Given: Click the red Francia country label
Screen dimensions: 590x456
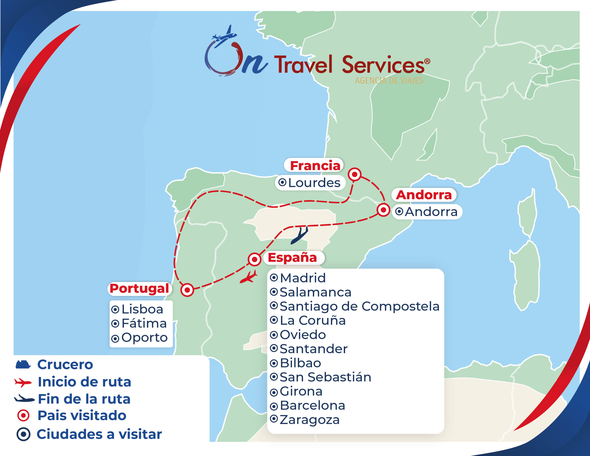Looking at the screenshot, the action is (315, 166).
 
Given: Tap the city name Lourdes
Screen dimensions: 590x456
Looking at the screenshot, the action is (314, 183).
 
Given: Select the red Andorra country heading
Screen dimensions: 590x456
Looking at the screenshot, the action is (424, 195).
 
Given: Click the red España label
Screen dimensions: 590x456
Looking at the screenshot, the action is (292, 258).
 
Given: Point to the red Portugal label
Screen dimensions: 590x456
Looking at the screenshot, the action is (139, 289).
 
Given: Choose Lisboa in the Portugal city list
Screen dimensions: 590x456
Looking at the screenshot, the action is (142, 309).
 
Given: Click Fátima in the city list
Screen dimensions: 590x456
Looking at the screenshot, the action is (144, 323).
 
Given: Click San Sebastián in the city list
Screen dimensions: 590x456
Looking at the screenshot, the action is (325, 377).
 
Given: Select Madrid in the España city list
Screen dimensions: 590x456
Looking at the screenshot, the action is (303, 278).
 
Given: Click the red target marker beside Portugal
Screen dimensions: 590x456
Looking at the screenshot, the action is (187, 290).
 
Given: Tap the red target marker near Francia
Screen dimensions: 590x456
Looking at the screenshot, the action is (354, 174).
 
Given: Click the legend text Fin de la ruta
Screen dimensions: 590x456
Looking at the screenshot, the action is (84, 399).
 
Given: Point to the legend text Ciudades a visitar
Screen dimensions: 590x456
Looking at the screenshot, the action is (99, 434).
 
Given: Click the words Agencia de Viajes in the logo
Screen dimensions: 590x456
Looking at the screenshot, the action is (389, 80).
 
